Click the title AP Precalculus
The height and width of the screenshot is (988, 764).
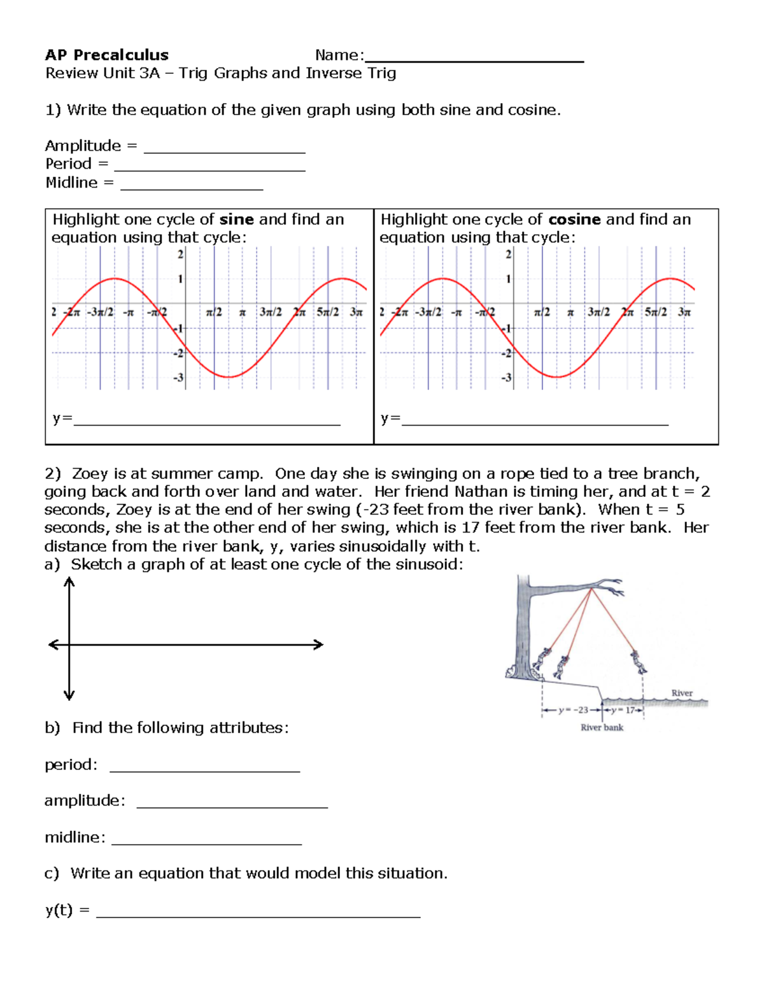106,55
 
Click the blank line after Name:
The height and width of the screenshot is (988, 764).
474,59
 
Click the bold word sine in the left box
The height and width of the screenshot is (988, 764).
236,219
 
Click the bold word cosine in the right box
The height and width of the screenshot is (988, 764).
574,219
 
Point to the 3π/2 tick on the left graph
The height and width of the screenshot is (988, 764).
271,312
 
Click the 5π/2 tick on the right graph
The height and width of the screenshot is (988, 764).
656,312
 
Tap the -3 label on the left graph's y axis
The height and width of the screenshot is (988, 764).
178,377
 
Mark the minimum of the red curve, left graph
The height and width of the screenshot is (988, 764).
229,377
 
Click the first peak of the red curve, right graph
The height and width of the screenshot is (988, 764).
442,279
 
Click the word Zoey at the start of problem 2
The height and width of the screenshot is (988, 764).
90,474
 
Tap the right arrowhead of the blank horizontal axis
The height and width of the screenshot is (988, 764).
319,644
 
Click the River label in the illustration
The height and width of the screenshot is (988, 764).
681,693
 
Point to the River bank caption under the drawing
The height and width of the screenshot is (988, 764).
602,727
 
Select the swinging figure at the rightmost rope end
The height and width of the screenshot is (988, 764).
639,662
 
